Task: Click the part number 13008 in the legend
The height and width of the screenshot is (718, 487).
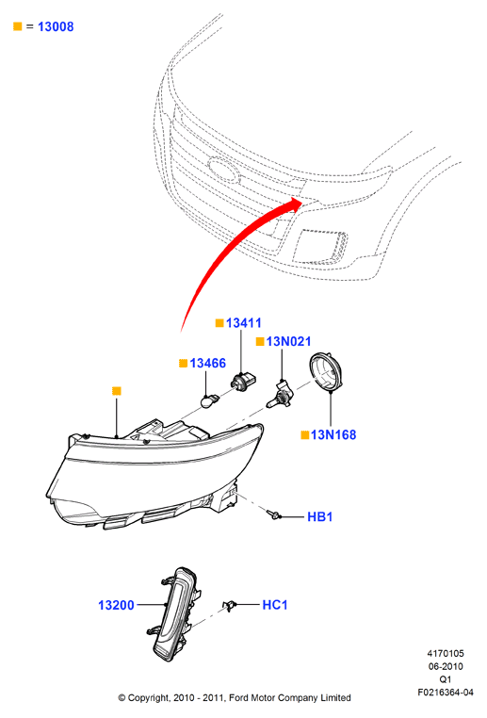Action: pyautogui.click(x=56, y=26)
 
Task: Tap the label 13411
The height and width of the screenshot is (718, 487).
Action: pyautogui.click(x=243, y=323)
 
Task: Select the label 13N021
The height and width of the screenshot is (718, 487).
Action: pyautogui.click(x=288, y=341)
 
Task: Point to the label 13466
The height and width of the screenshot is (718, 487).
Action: pyautogui.click(x=208, y=363)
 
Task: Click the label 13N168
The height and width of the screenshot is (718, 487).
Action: pyautogui.click(x=333, y=434)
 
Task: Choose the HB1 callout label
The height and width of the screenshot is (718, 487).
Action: pyautogui.click(x=319, y=517)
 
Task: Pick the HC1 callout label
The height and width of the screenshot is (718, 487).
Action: pyautogui.click(x=275, y=605)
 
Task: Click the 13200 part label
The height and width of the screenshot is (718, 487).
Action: pyautogui.click(x=116, y=605)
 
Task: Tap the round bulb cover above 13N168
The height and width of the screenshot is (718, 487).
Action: pyautogui.click(x=327, y=372)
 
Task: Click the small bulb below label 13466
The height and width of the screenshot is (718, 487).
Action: pyautogui.click(x=209, y=401)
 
